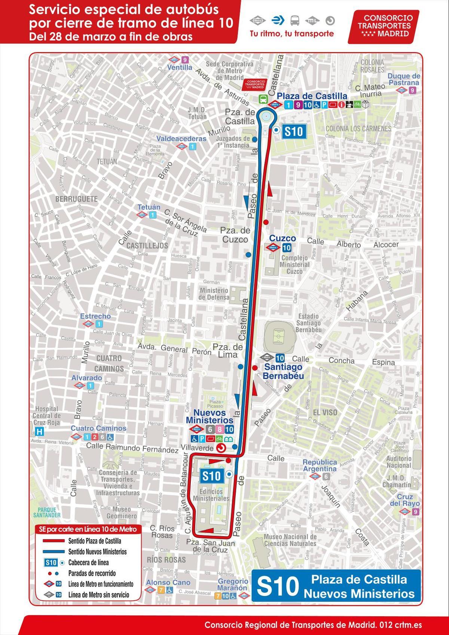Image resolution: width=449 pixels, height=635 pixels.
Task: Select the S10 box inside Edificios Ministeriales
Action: click(211, 476)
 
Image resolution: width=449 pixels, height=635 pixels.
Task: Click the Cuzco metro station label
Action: click(282, 238)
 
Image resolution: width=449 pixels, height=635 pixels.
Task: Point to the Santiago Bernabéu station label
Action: click(283, 371)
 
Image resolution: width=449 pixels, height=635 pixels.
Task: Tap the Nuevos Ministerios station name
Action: click(210, 416)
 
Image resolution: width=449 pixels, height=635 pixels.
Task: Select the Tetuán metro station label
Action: click(149, 207)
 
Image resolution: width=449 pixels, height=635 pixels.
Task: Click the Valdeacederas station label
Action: click(181, 139)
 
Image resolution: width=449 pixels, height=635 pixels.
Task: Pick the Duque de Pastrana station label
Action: click(404, 79)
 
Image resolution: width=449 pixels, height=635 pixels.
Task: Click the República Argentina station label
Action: click(320, 465)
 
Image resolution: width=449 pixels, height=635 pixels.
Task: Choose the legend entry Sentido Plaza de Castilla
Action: click(95, 541)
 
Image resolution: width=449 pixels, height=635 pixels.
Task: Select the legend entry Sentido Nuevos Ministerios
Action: click(97, 552)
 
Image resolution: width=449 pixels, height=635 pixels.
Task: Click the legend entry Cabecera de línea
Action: click(88, 562)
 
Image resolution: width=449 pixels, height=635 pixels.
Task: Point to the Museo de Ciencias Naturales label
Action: click(290, 540)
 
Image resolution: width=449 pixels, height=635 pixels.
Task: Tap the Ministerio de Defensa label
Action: click(214, 294)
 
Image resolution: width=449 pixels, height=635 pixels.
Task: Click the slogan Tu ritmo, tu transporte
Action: click(292, 34)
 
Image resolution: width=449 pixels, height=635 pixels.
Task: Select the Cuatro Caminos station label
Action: click(99, 428)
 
